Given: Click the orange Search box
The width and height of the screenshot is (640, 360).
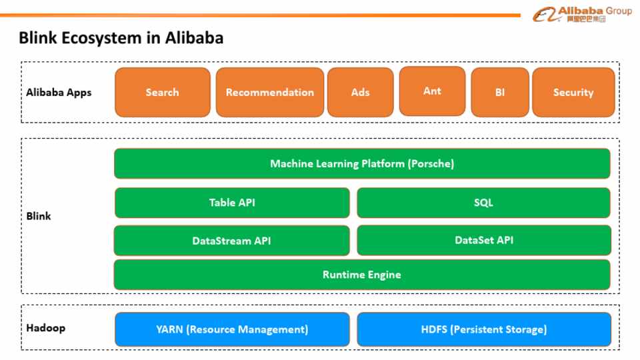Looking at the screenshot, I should [x=162, y=92].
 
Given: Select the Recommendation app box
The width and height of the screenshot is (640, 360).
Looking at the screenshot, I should [x=269, y=92].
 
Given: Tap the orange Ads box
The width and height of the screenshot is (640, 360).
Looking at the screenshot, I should [x=360, y=92].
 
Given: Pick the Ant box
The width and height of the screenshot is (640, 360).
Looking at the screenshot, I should [x=432, y=91].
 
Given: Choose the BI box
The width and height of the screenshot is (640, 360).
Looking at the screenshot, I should [x=500, y=92].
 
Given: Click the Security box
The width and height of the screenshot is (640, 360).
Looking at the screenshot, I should [x=573, y=92].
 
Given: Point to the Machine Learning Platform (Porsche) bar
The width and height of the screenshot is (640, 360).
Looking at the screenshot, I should [x=362, y=163].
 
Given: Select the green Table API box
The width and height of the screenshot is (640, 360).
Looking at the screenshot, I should [x=232, y=203].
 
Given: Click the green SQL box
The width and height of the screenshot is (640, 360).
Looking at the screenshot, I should [x=483, y=203].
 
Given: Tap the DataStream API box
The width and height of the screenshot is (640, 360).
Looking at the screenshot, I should [x=231, y=241].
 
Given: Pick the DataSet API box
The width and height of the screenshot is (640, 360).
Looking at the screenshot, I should [x=484, y=240].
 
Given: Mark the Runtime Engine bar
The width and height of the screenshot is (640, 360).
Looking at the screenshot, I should [x=362, y=274].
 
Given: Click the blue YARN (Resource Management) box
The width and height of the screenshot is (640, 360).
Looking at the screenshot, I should [x=232, y=329].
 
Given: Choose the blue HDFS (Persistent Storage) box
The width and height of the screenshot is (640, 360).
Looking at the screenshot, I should [x=484, y=329].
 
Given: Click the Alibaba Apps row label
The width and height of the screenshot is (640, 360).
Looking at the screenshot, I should [x=59, y=92].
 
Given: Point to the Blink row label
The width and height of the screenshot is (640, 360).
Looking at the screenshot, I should [x=39, y=216].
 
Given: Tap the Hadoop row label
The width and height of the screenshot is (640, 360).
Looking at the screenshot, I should [x=46, y=328].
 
